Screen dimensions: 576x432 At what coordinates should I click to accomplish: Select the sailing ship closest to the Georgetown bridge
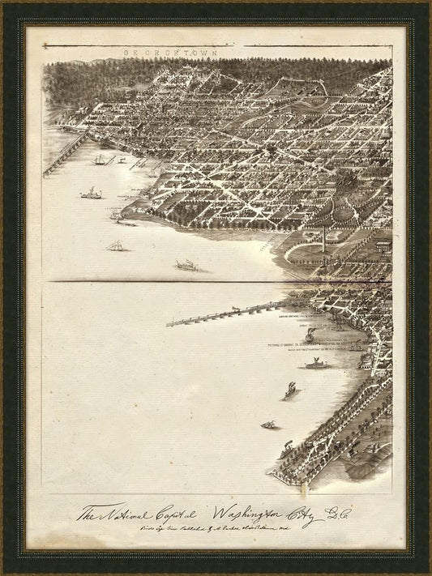[x=101, y=160]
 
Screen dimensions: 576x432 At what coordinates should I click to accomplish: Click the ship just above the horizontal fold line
[x=186, y=265]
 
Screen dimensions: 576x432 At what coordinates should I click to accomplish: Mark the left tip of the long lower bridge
[x=169, y=324]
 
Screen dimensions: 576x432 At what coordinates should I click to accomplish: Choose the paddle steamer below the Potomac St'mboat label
[x=316, y=364]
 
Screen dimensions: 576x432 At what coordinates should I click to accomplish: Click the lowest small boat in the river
[x=267, y=424]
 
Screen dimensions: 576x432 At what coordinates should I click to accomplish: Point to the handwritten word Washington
[x=244, y=513]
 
